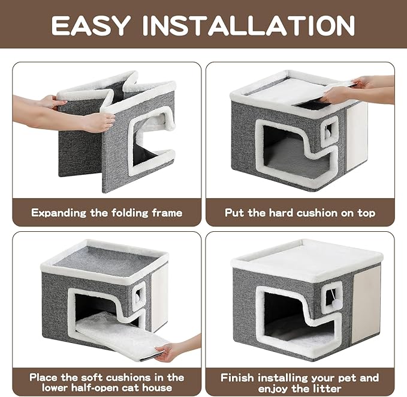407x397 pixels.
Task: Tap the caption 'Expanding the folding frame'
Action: coord(107,213)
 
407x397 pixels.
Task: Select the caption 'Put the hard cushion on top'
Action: coord(300,213)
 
